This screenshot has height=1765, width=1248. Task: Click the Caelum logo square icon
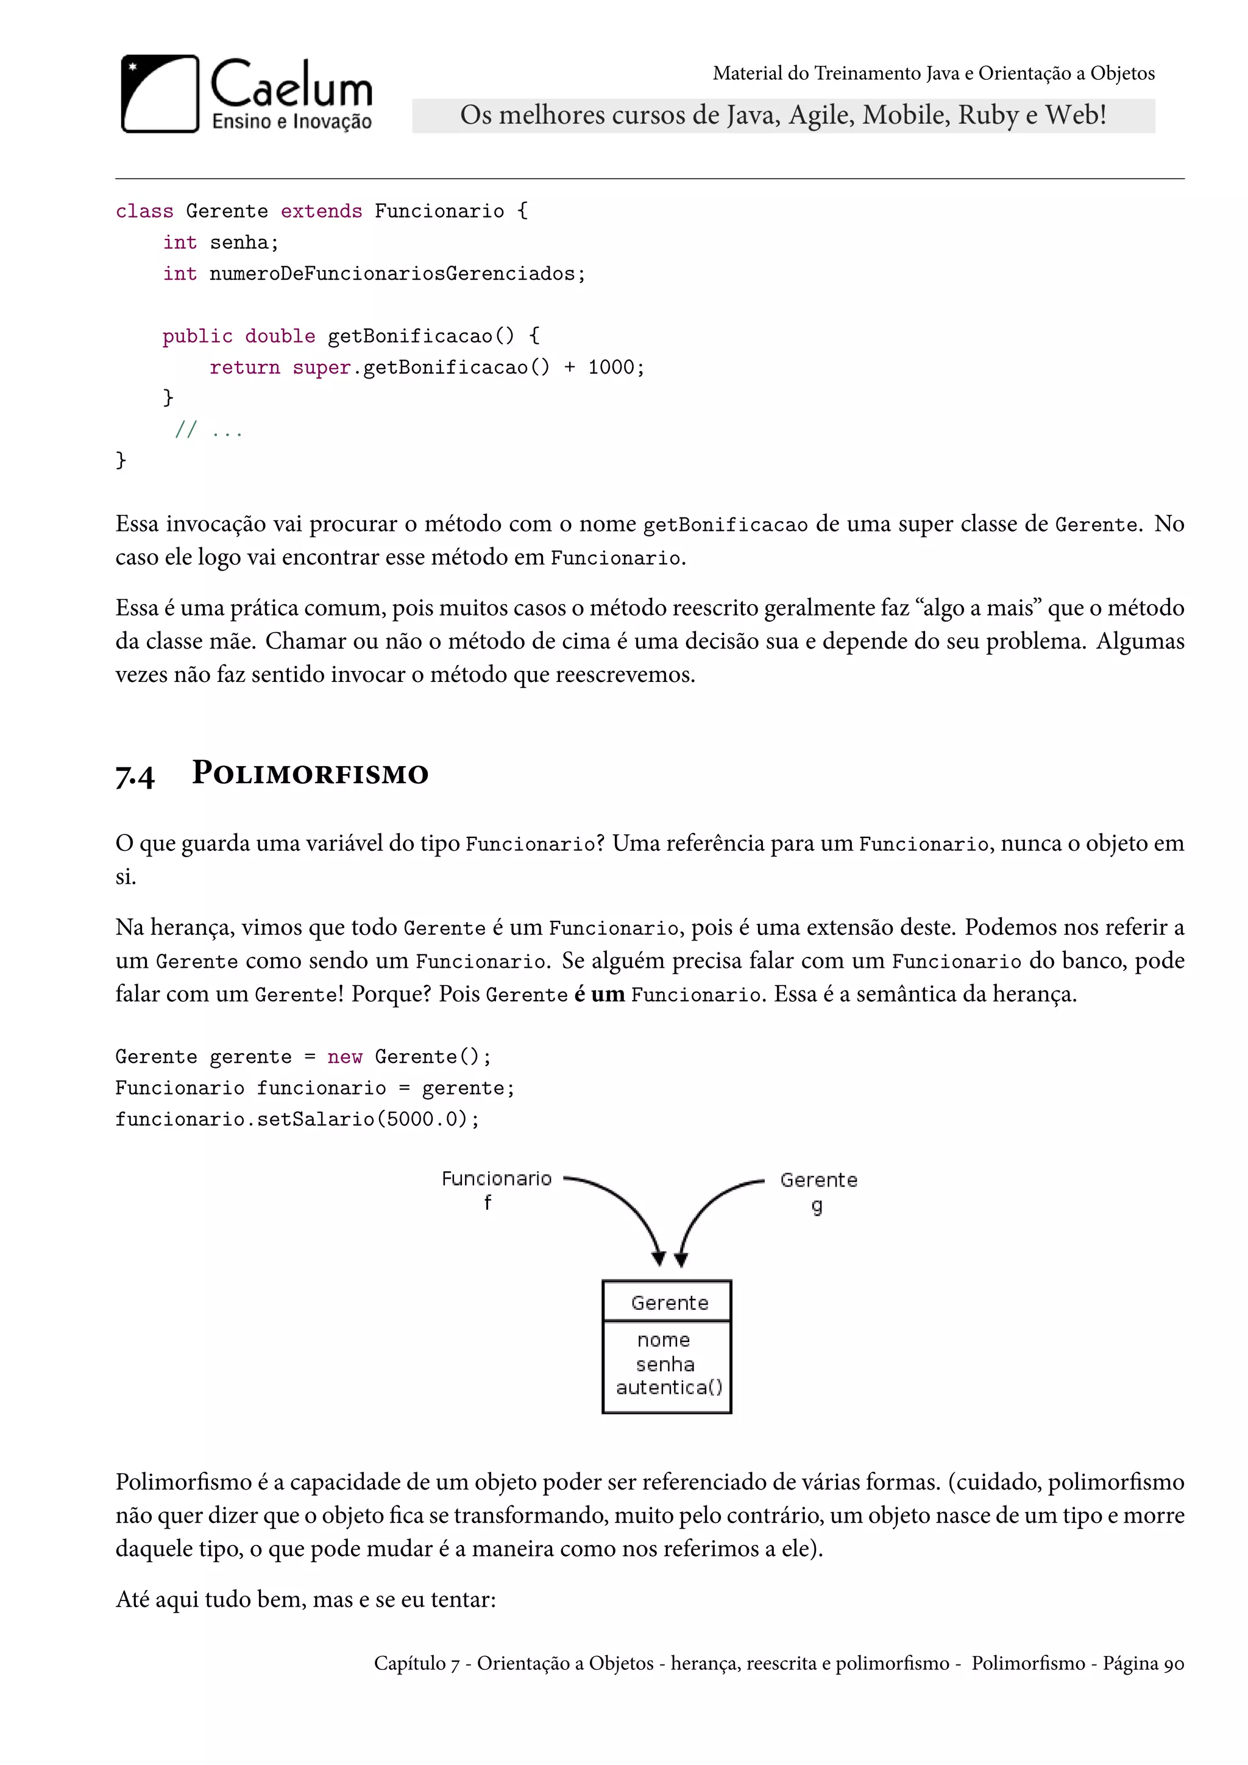coord(160,94)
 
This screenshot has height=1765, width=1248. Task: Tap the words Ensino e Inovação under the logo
coord(291,121)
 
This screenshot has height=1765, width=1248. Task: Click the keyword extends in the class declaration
coord(321,211)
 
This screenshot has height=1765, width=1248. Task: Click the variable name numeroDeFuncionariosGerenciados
coord(392,274)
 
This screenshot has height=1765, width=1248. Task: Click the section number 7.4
coord(135,775)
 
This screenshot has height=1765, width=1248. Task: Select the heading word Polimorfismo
coord(310,773)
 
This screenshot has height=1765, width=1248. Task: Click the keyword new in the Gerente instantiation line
coord(344,1057)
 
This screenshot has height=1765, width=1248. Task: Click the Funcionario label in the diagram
coord(497,1179)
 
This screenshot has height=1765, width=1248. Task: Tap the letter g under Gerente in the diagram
coord(817,1206)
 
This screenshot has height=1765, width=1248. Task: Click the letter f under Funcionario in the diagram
coord(487,1202)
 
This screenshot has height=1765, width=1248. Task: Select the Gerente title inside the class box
coord(669,1303)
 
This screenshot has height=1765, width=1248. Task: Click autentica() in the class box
coord(668,1388)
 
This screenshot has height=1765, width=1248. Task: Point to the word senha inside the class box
coord(665,1365)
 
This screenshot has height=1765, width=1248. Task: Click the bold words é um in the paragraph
coord(598,994)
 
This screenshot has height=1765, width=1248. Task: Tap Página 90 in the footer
coord(1143,1664)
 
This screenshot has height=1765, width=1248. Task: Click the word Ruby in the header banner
coord(987,115)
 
